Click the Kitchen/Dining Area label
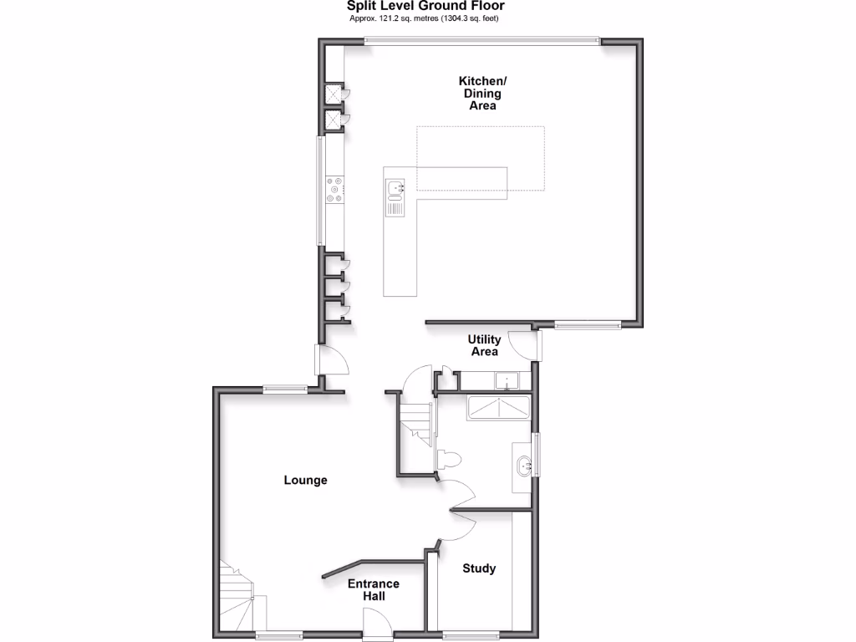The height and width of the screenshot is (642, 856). click(482, 94)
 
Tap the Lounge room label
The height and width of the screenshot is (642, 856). click(305, 481)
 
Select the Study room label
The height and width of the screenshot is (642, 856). click(479, 568)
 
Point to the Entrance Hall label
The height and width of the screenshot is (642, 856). click(374, 590)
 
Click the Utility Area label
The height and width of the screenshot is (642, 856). click(484, 345)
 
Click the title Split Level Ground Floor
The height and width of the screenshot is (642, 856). click(425, 6)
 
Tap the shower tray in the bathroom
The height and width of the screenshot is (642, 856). click(497, 408)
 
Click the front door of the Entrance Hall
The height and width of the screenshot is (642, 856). click(374, 623)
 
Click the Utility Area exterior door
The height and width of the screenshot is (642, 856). click(525, 344)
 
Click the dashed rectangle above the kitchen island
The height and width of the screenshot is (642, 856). click(481, 158)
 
